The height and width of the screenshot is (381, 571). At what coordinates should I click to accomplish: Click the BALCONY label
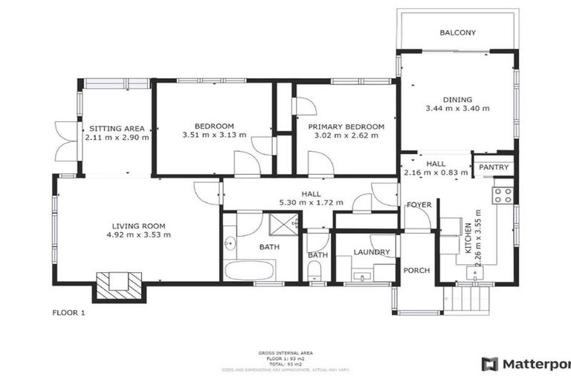coord(457,33)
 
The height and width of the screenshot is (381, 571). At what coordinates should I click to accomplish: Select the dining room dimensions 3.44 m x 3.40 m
coord(457,109)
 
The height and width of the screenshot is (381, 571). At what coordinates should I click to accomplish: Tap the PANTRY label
coord(494,167)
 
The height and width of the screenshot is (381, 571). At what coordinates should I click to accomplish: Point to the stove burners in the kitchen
coord(503,195)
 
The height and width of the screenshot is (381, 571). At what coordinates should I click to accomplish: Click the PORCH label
coord(416,270)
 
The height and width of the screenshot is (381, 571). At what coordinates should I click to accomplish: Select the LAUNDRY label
coord(372,252)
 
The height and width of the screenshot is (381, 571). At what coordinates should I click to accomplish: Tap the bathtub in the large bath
coord(250,269)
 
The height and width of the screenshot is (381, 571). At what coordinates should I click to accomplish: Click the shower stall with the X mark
coord(282,222)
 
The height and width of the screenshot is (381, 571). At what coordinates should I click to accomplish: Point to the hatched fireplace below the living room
coord(118,285)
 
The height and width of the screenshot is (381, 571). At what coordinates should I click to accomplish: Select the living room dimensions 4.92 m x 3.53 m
coord(138,235)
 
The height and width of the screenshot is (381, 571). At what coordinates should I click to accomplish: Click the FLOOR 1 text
coord(68,313)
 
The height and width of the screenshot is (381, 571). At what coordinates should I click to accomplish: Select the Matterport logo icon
coord(489,364)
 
